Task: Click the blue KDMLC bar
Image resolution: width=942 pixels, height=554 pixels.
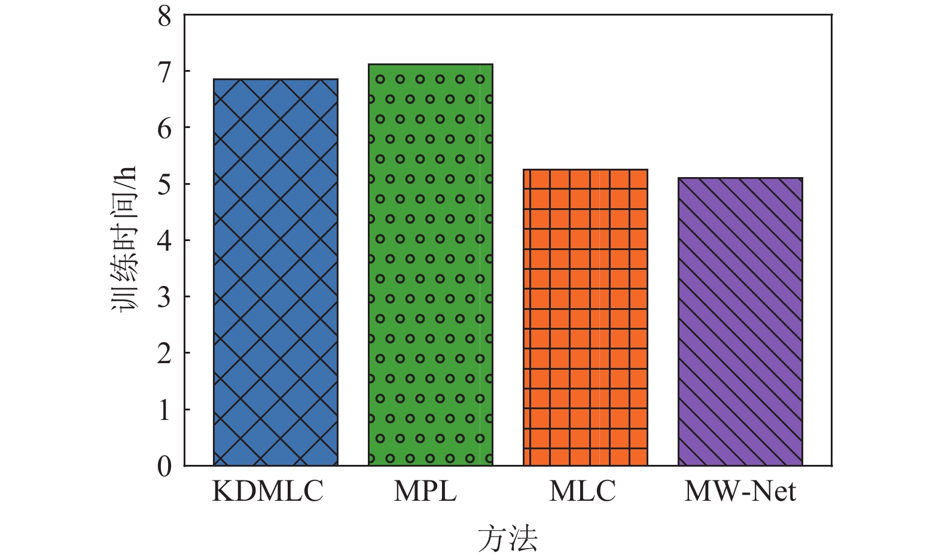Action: point(276,272)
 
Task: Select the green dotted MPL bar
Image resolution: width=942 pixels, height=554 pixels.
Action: point(430,264)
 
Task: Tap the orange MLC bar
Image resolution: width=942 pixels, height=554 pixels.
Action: point(586,317)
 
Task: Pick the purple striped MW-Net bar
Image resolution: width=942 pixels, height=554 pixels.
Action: point(740,321)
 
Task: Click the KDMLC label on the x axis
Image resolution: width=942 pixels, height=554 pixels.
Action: point(267,492)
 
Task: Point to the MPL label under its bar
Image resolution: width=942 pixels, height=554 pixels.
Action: point(425,492)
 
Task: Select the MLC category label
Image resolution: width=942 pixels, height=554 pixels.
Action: point(582,492)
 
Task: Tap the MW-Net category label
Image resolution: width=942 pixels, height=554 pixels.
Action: point(740,492)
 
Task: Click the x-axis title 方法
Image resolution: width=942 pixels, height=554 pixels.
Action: point(508,538)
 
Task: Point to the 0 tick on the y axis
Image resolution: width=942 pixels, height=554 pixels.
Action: point(164,466)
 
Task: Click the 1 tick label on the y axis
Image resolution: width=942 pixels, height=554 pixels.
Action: point(164,410)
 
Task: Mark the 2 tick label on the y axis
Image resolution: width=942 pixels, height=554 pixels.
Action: point(164,354)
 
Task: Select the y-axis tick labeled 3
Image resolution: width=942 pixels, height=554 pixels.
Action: point(164,297)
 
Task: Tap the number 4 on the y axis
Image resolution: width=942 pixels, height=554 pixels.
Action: point(164,241)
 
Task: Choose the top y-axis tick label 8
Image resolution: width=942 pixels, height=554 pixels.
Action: point(164,16)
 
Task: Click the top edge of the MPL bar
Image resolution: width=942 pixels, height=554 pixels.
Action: point(430,65)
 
